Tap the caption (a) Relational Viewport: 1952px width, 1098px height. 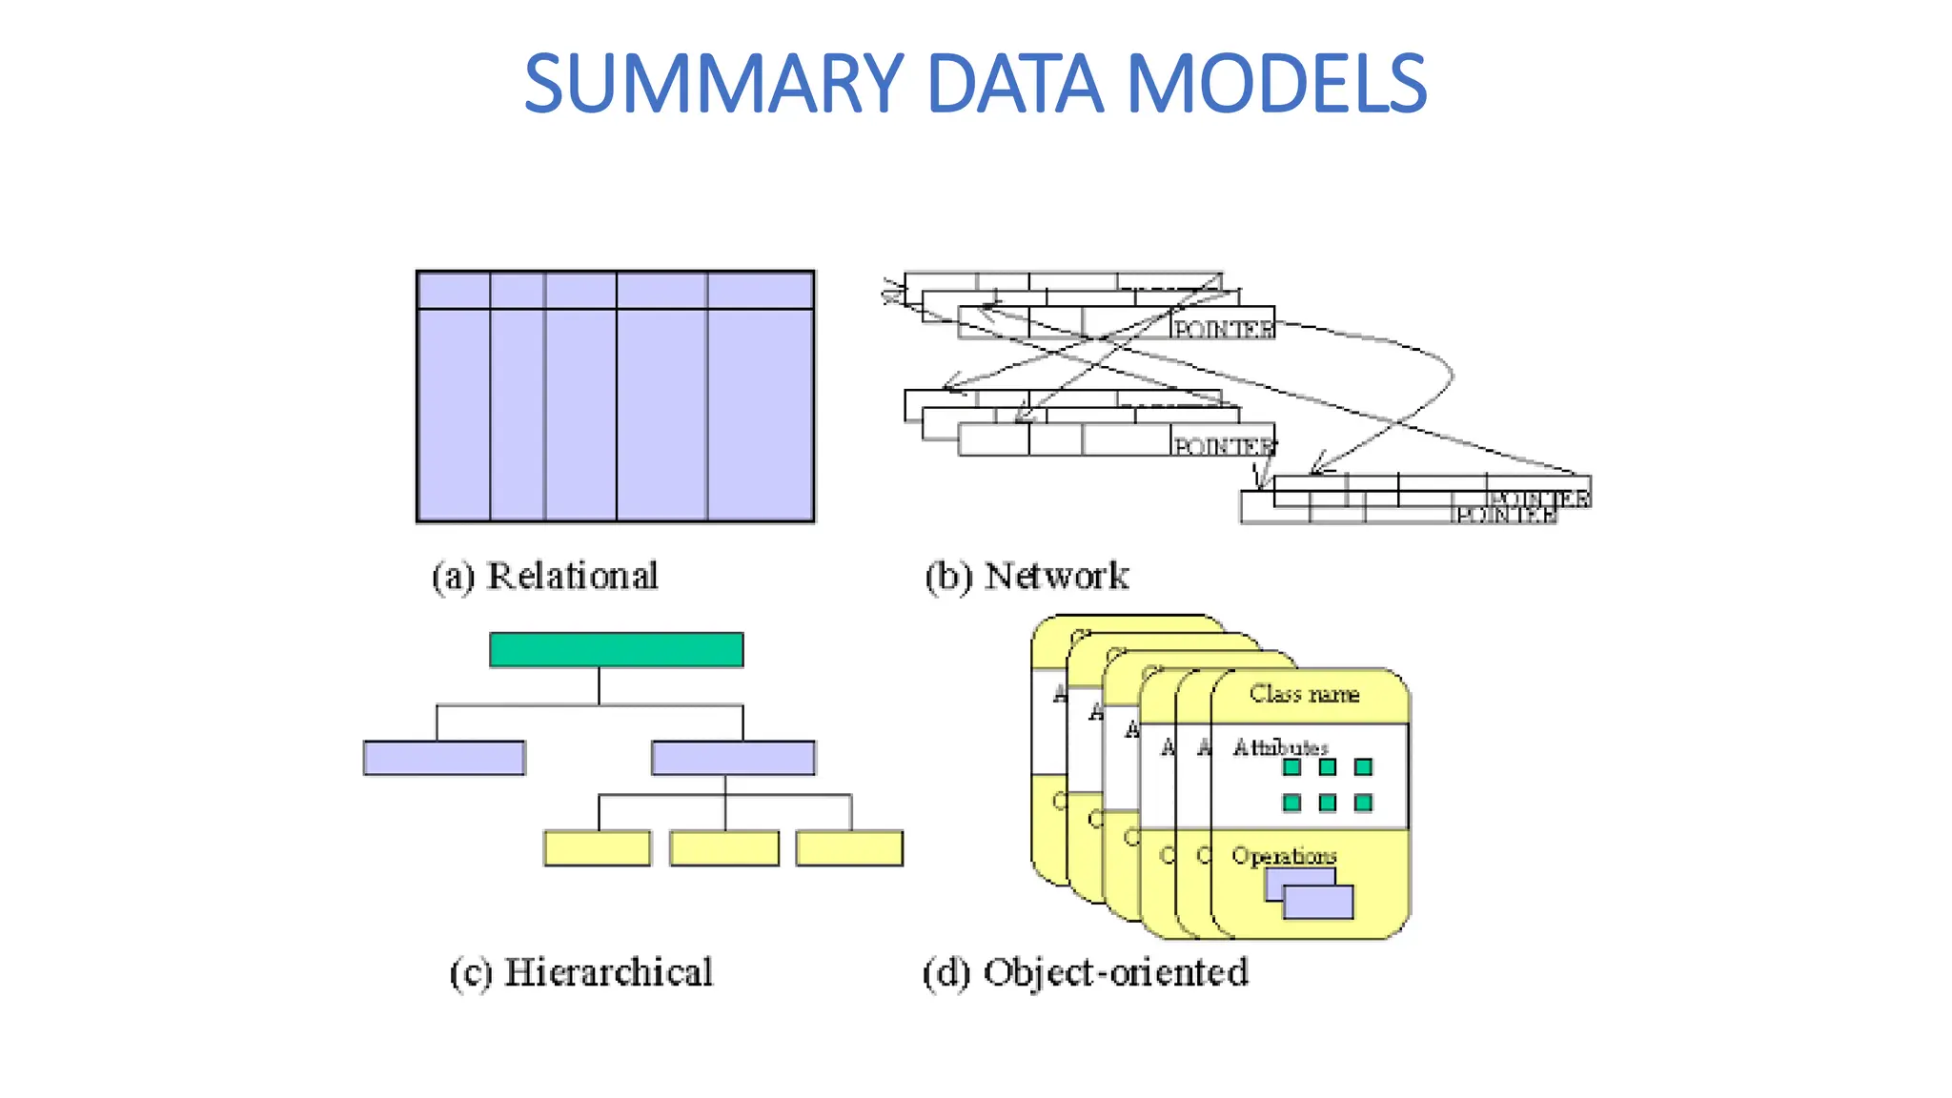coord(544,577)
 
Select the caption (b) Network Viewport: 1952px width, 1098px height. coord(1027,577)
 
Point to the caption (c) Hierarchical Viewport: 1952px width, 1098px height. coord(580,973)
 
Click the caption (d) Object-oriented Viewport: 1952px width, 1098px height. coord(1085,973)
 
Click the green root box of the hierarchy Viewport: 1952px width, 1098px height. coord(616,650)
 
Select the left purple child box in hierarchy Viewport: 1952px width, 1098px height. coord(444,759)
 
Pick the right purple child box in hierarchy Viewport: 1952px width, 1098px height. coord(733,759)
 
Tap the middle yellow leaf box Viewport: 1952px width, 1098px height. coord(724,848)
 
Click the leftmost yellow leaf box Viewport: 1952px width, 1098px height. coord(598,848)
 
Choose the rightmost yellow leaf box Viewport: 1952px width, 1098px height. coord(849,848)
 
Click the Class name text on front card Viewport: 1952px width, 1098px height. coord(1304,695)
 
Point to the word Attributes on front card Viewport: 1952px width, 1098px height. coord(1279,747)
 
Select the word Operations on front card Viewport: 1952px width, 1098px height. coord(1283,856)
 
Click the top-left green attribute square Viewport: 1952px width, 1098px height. coord(1292,767)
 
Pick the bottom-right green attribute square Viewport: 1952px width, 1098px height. coord(1364,803)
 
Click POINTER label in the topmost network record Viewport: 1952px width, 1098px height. coord(1223,329)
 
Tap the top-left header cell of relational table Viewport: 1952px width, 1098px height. coord(454,291)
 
